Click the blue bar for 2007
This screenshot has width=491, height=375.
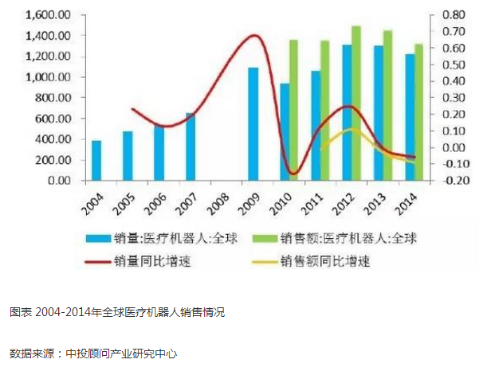tap(191, 146)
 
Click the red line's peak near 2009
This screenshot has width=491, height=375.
tap(253, 35)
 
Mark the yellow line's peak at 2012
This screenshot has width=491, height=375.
tap(351, 129)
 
